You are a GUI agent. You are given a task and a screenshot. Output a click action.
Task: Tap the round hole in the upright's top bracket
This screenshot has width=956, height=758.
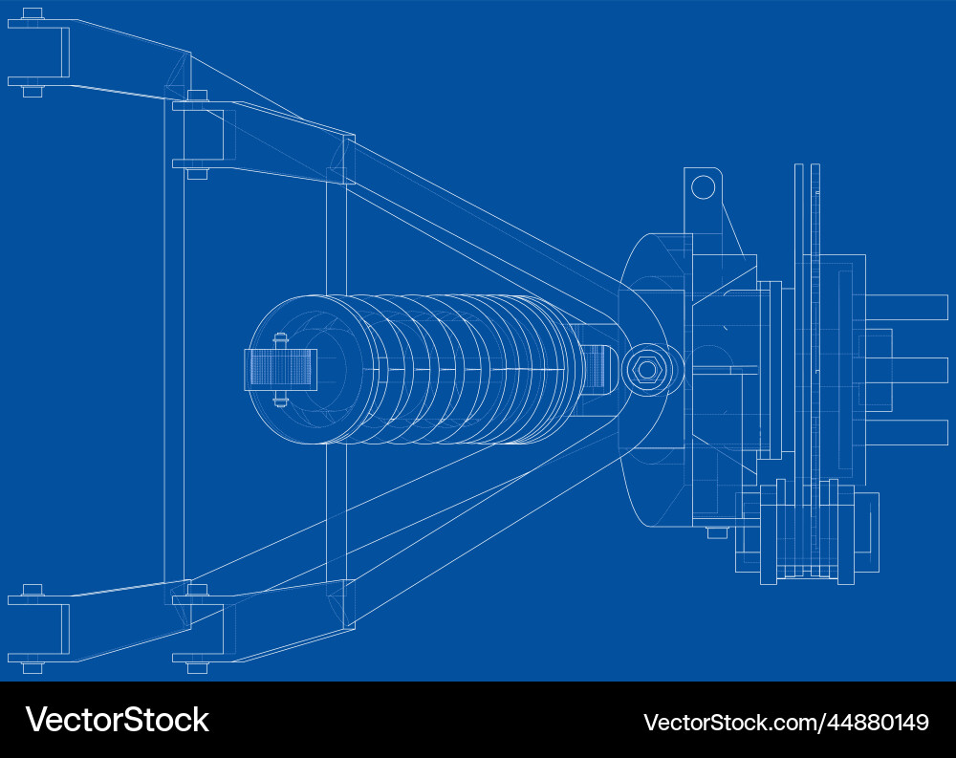[703, 186]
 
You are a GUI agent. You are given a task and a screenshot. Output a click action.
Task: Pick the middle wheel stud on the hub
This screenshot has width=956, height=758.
[918, 369]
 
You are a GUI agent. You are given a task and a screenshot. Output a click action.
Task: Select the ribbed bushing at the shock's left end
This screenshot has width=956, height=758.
[280, 369]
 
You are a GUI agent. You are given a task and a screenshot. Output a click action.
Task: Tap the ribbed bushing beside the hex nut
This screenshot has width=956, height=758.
[595, 367]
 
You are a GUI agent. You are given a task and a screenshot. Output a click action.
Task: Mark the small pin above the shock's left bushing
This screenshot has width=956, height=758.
[281, 338]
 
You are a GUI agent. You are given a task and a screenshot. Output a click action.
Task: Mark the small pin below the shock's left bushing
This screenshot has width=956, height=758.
[281, 400]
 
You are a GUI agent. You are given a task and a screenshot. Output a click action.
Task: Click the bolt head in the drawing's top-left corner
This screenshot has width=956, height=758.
[32, 13]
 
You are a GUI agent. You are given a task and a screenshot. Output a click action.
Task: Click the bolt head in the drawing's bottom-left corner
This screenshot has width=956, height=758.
[32, 667]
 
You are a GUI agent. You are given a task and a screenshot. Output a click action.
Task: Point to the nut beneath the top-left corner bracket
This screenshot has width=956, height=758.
[32, 91]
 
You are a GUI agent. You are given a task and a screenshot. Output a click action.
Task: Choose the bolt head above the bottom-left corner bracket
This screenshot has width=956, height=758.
[32, 589]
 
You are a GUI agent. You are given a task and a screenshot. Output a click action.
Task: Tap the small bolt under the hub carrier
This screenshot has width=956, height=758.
[717, 532]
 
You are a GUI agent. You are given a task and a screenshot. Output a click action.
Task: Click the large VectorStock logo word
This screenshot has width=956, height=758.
[117, 720]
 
